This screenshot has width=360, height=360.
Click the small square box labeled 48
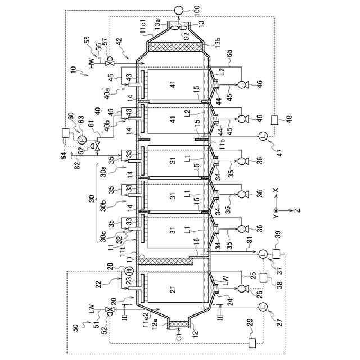pyautogui.click(x=274, y=120)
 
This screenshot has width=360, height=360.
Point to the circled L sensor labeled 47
pyautogui.click(x=262, y=135)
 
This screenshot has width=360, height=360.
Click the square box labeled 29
pyautogui.click(x=251, y=341)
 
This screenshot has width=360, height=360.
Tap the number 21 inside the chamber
pyautogui.click(x=173, y=289)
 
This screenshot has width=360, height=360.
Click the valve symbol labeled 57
pyautogui.click(x=110, y=60)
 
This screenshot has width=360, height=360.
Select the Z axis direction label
pyautogui.click(x=297, y=210)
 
